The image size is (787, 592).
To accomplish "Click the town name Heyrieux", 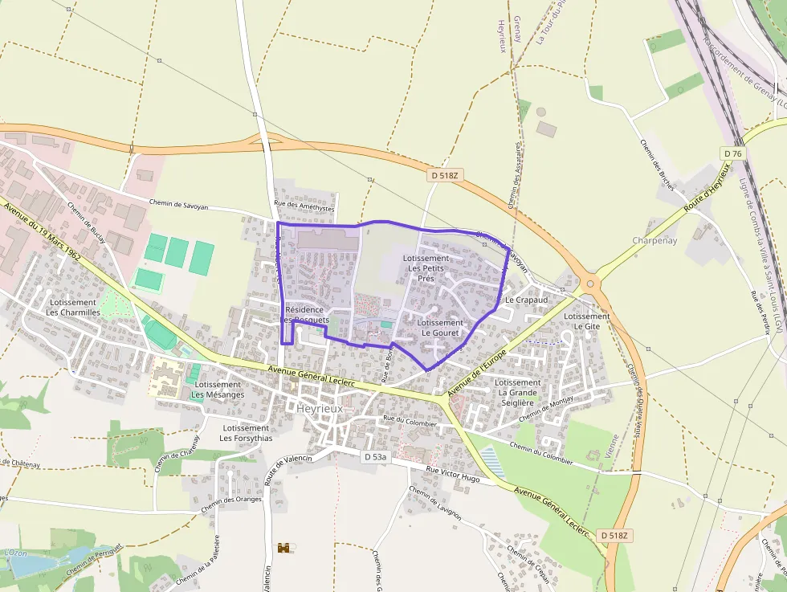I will (x=320, y=408).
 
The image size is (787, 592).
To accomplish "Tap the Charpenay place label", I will (x=654, y=240).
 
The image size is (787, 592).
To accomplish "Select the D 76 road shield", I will (x=732, y=153).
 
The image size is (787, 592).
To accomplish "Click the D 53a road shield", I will (x=374, y=457).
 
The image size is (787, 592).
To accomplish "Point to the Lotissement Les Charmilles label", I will (x=74, y=308).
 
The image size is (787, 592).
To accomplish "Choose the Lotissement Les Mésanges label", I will (x=218, y=390).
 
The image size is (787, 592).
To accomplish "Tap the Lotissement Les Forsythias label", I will (x=246, y=433).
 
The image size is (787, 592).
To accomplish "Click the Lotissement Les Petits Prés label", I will (x=426, y=268).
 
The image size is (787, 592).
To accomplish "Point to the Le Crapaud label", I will (x=526, y=300).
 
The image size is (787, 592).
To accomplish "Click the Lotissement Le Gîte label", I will (x=586, y=321).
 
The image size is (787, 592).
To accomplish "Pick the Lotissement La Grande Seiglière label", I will (x=517, y=393).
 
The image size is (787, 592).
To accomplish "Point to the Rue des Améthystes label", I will (x=304, y=205).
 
